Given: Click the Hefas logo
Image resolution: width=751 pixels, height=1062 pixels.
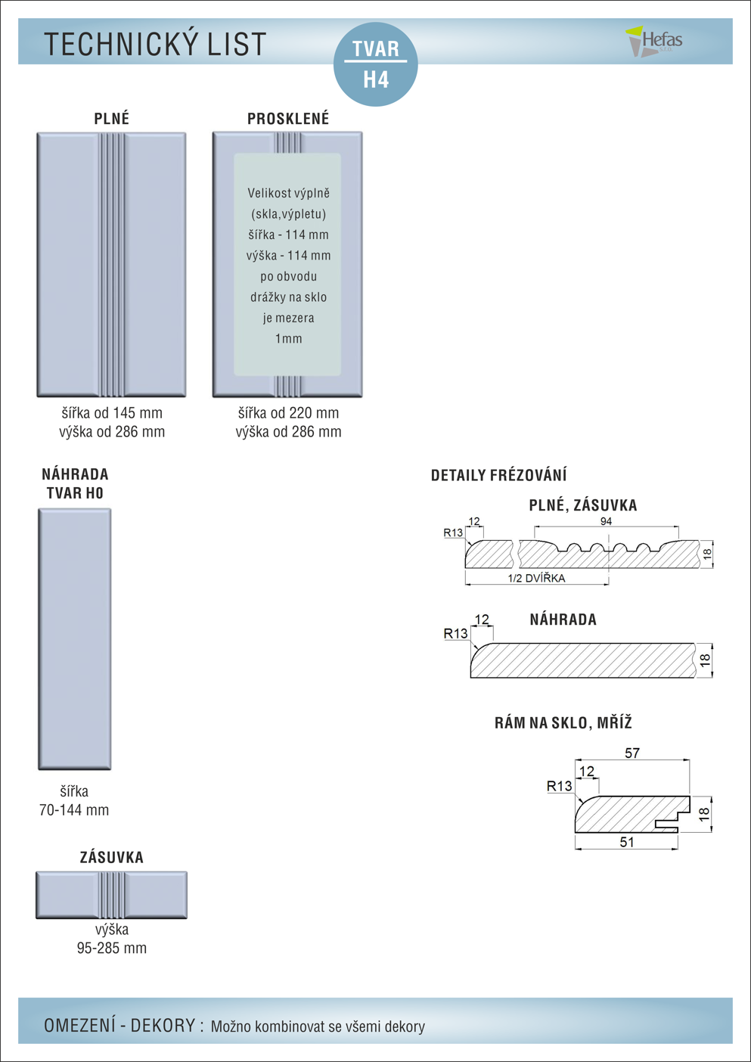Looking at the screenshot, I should [x=655, y=41].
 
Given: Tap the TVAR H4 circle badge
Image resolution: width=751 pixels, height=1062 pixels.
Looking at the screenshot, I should [x=376, y=64].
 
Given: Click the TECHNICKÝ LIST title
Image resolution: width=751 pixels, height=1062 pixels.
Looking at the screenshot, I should [x=155, y=45].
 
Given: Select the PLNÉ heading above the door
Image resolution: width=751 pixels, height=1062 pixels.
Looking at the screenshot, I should [x=112, y=119].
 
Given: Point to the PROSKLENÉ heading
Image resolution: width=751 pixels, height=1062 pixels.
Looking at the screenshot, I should [x=288, y=119].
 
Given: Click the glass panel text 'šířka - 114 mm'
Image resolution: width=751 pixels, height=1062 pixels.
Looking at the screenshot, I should [x=288, y=234].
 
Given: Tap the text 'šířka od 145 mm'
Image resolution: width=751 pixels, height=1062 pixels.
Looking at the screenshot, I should [x=112, y=413].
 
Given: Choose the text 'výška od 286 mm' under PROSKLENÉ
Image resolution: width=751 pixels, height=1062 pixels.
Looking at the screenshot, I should [x=288, y=432].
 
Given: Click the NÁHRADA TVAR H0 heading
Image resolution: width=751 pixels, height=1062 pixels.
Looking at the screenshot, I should [x=75, y=483].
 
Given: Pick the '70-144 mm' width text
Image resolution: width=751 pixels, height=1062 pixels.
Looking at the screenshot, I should [x=74, y=810].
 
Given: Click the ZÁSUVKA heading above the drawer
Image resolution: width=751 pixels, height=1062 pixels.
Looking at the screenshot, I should [x=112, y=857].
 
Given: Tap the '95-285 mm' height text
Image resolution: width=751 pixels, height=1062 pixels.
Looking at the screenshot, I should [x=112, y=948].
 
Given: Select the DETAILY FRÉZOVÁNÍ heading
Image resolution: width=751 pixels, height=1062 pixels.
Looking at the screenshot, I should [x=498, y=475].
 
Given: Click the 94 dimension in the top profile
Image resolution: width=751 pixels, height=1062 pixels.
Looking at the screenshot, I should [x=606, y=521].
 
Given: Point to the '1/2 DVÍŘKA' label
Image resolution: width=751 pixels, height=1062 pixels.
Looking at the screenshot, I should [x=536, y=578].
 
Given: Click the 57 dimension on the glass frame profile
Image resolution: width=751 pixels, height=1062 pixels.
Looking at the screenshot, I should [x=632, y=753].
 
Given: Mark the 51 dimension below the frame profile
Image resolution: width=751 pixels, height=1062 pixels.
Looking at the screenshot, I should [x=627, y=842].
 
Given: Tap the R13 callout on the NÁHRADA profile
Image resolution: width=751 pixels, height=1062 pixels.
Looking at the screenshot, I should [x=455, y=633].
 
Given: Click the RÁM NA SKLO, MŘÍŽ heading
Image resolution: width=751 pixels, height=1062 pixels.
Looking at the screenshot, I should [x=563, y=722].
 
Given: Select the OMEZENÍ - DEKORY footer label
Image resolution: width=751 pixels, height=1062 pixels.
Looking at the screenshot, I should [x=123, y=1026].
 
